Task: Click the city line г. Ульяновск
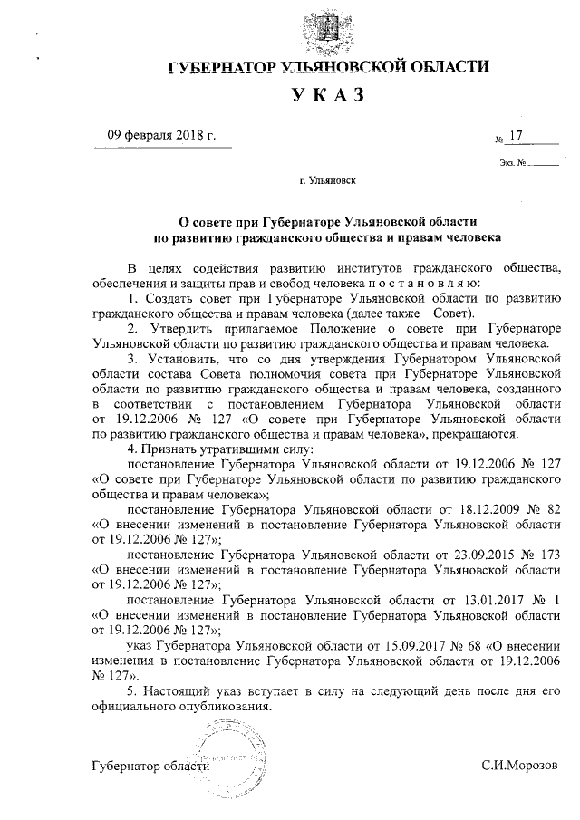point(327,180)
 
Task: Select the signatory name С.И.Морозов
point(519,767)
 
